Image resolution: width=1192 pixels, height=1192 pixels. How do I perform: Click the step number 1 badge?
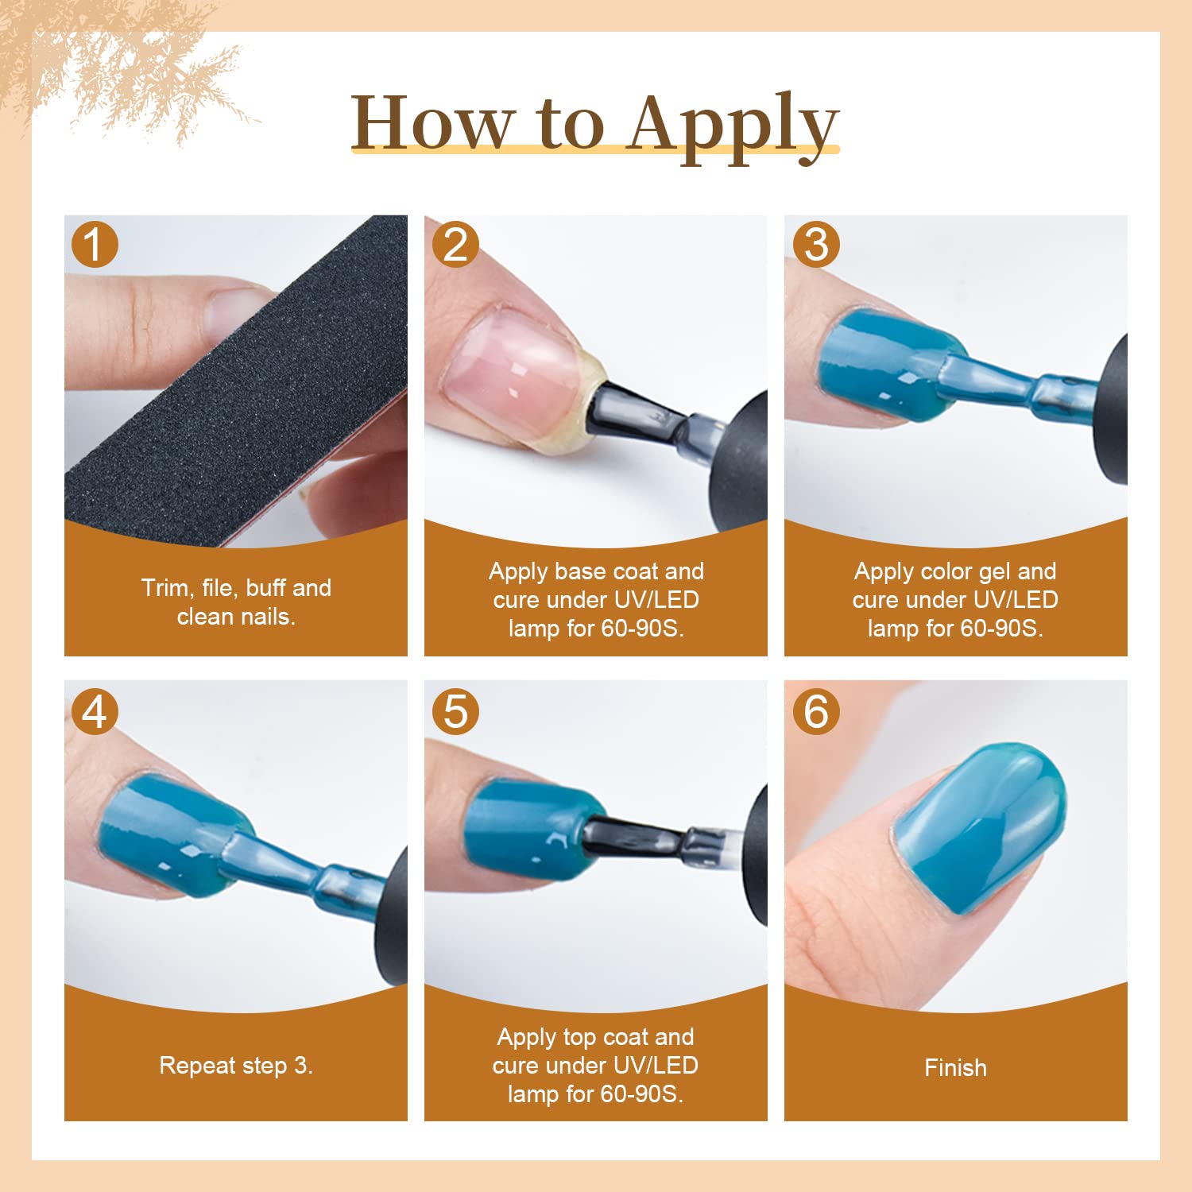(x=95, y=244)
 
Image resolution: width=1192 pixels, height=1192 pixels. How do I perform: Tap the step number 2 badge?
(x=455, y=244)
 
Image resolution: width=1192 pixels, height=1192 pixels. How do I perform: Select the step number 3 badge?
(x=816, y=244)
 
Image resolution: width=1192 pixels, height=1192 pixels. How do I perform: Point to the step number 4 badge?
(x=95, y=710)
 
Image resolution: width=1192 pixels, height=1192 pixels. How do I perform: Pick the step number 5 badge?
(x=455, y=710)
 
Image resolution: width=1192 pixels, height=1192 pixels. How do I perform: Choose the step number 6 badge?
(x=816, y=710)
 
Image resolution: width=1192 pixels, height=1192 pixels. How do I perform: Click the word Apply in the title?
(x=733, y=126)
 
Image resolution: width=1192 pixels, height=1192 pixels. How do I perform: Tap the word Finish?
(x=955, y=1067)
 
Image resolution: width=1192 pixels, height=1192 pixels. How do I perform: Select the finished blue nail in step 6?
(x=979, y=828)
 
